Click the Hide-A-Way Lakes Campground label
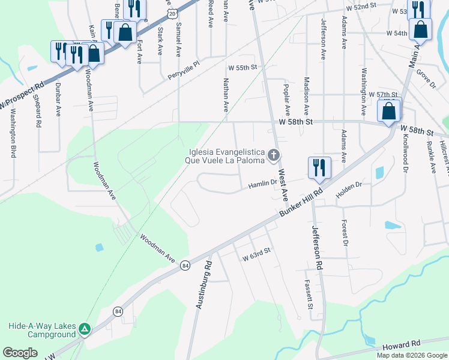[x=42, y=330]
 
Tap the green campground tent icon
[x=85, y=329]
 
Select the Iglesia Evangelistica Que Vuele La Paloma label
[x=226, y=157]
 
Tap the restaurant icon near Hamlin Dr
[x=319, y=167]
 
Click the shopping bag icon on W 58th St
[x=389, y=111]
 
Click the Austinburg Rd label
[x=204, y=285]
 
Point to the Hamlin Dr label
[x=263, y=186]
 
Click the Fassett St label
[x=309, y=294]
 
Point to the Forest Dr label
[x=345, y=232]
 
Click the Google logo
[x=20, y=353]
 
